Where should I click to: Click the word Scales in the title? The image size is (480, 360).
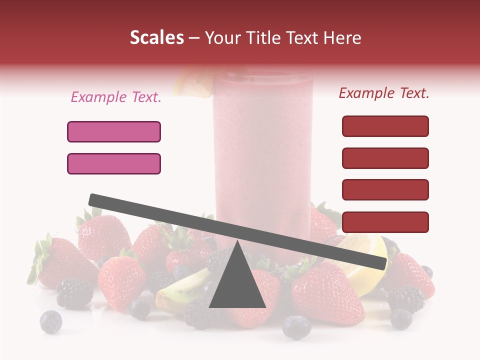[156, 37]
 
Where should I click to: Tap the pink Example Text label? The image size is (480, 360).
[116, 97]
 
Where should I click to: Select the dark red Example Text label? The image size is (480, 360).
[384, 93]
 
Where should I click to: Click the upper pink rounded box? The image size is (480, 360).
[114, 131]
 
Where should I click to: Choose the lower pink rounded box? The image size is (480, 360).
[114, 163]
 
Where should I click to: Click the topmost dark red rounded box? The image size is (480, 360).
[385, 126]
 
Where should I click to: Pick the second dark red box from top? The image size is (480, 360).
[385, 158]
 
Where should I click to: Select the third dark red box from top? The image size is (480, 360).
[385, 189]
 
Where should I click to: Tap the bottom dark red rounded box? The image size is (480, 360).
[385, 222]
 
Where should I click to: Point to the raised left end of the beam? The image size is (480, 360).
[95, 199]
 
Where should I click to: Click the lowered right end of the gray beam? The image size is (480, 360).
[380, 263]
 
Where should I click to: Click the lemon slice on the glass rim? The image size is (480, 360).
[192, 82]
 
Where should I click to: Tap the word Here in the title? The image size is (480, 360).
[342, 37]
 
